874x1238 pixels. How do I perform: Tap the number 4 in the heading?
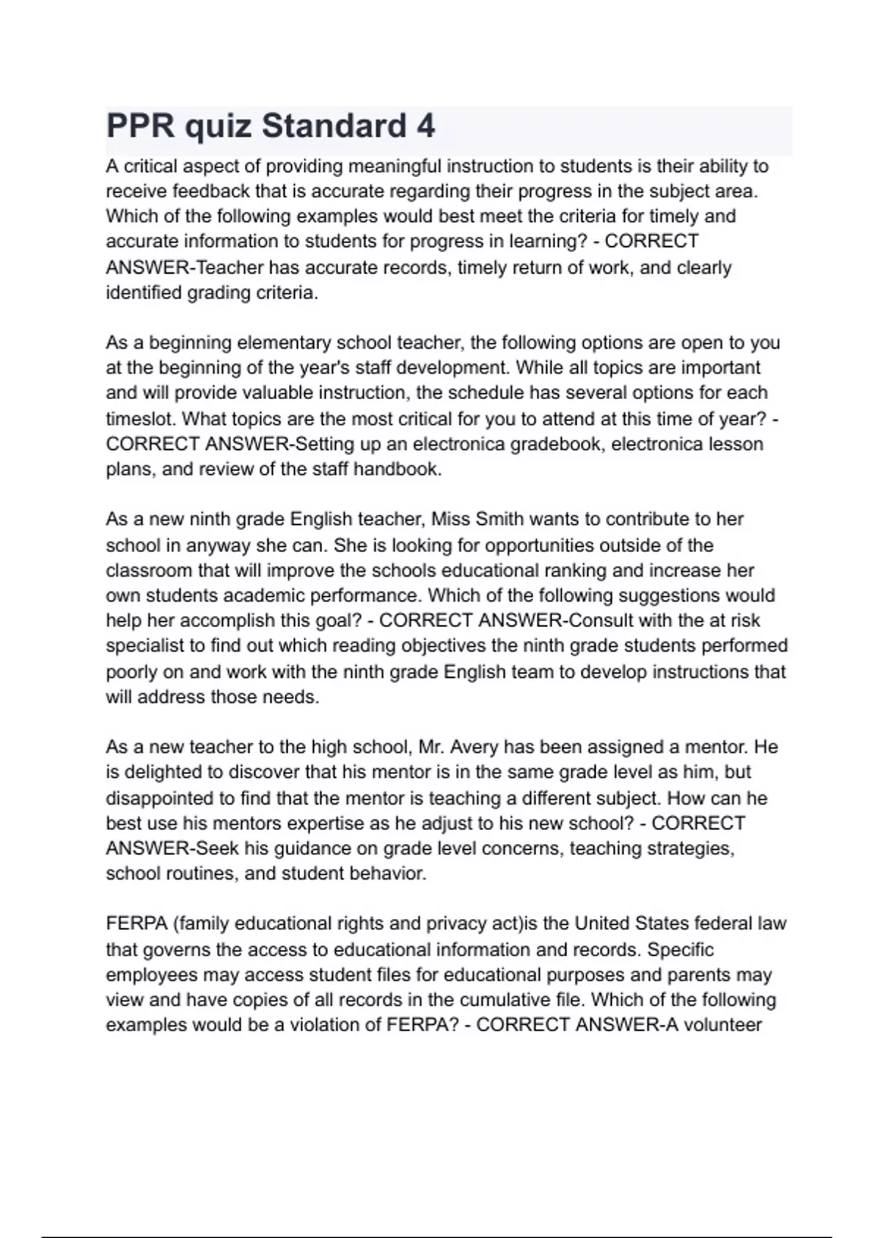point(426,126)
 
